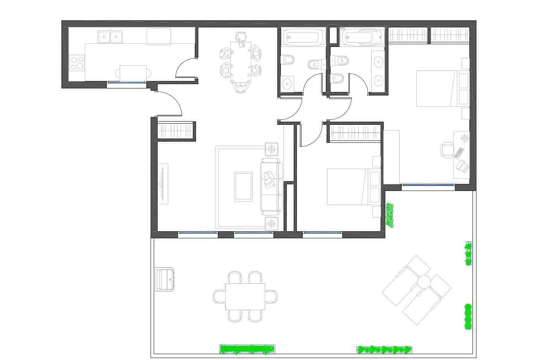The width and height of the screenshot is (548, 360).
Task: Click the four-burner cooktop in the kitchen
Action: pos(77,63)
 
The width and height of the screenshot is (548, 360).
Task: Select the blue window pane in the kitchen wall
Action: pos(126,82)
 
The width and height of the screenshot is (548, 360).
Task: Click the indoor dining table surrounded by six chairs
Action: pos(240,61)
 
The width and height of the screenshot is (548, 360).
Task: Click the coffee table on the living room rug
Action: pos(243,186)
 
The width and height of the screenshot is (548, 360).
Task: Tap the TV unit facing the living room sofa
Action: pos(164,184)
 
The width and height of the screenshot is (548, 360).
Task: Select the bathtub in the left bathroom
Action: pos(303,38)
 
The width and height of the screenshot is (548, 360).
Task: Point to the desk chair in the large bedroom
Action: pos(446,150)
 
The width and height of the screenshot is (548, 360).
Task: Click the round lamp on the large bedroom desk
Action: pos(465,138)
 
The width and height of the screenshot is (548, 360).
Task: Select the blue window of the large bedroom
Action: pos(428,185)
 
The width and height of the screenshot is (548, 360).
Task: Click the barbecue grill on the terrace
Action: pos(165,279)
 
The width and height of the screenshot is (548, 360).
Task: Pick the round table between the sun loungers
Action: pos(423,281)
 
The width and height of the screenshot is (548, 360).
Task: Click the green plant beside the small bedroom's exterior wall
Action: pos(390,214)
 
